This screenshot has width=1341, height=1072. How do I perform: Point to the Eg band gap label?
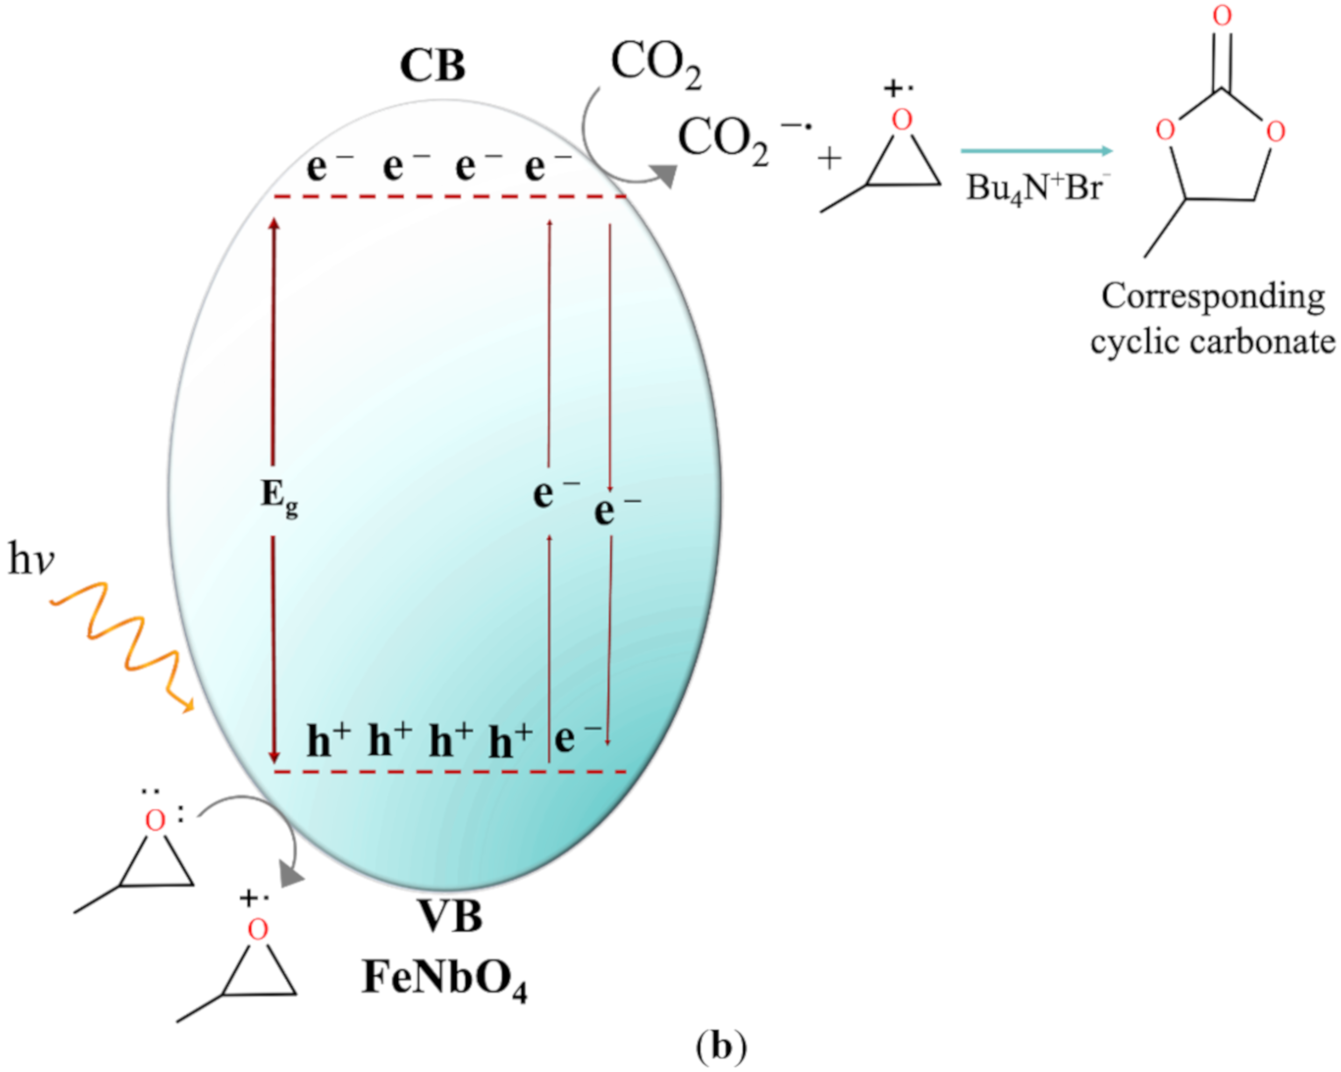(278, 498)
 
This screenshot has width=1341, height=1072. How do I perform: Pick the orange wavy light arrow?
(125, 644)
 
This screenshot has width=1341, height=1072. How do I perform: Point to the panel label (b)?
(721, 1047)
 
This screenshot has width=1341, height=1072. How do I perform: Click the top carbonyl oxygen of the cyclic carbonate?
(1222, 15)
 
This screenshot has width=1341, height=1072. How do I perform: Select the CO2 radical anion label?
(740, 139)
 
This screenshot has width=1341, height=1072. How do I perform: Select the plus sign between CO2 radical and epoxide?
(829, 160)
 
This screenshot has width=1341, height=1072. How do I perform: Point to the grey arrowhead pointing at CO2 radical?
(665, 175)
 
